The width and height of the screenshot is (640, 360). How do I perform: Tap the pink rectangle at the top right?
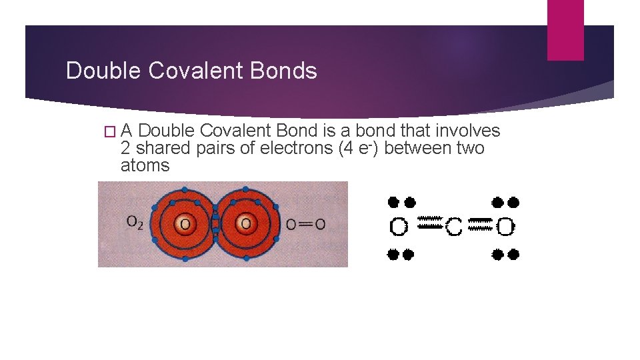pos(565,30)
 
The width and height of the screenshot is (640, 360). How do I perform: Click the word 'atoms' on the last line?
pos(145,165)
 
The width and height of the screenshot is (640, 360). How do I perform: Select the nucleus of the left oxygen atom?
pos(185,223)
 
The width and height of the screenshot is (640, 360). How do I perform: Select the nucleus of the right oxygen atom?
pos(245,223)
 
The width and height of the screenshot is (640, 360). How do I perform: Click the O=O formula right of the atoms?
pos(305,225)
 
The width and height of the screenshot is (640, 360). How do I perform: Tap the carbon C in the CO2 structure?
pos(453,228)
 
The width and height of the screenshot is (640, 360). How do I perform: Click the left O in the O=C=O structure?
pos(399,227)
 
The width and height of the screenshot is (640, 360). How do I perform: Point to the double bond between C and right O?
pos(480,224)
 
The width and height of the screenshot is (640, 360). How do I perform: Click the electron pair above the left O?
pos(401,201)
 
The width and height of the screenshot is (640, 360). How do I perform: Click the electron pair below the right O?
pos(505,254)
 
